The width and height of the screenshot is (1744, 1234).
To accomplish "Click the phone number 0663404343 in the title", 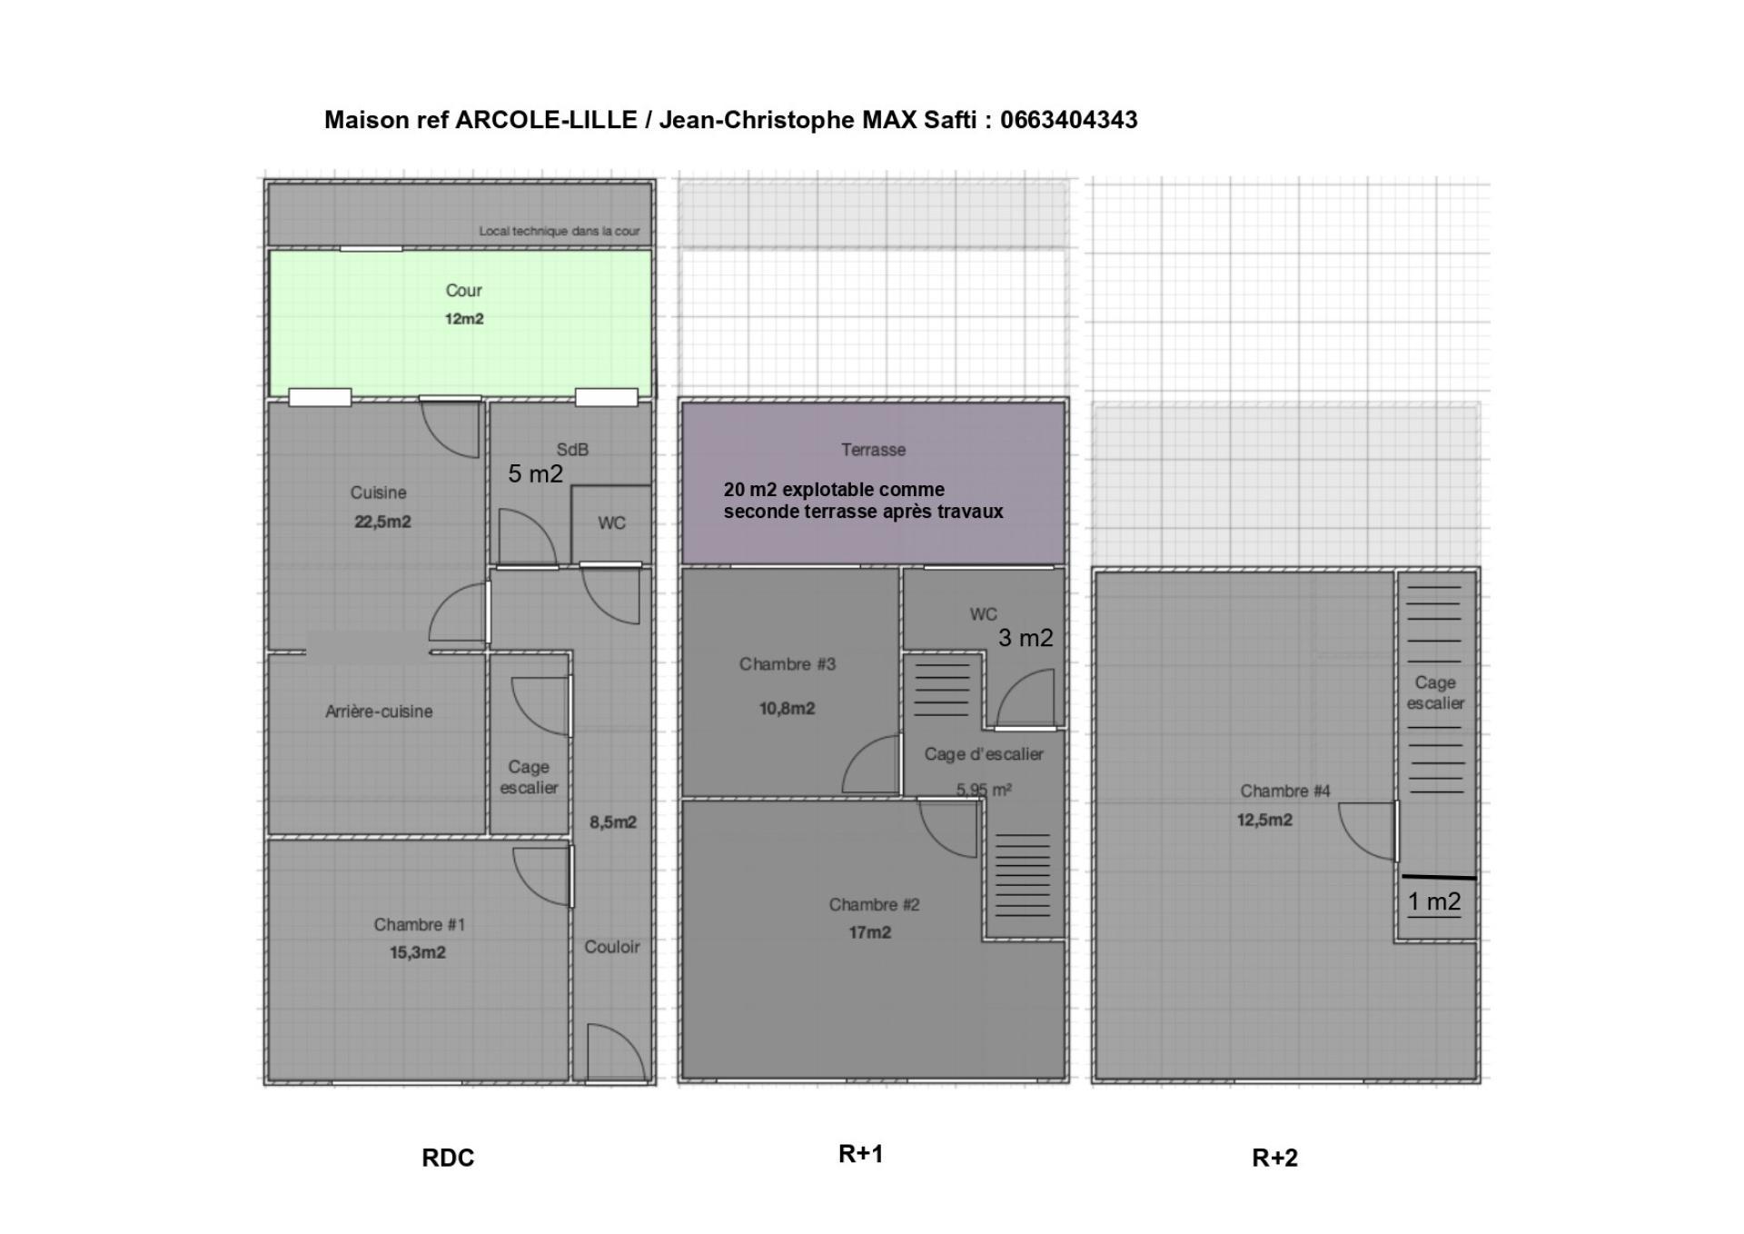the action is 1068,120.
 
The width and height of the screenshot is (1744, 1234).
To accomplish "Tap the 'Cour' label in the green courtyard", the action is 463,291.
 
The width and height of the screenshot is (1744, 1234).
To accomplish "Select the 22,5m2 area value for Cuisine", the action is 382,522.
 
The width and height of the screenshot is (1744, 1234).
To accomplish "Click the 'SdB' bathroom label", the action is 572,449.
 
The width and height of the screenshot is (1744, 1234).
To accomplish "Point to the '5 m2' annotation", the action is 535,473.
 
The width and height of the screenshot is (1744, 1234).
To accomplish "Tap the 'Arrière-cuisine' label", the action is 379,712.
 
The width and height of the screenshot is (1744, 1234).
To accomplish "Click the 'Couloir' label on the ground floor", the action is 612,947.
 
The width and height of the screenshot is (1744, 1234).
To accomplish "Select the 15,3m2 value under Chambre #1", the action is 418,952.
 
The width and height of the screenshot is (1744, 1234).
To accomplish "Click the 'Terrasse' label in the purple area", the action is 873,450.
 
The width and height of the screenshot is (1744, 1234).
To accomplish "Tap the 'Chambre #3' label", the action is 788,664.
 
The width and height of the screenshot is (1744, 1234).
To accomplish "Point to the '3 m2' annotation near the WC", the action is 1026,638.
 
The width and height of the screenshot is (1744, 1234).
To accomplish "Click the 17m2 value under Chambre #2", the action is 870,932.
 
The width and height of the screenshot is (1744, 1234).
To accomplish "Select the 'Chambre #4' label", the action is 1285,791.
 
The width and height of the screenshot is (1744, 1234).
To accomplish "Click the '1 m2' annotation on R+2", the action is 1434,901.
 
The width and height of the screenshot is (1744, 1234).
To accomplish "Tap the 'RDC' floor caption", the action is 448,1158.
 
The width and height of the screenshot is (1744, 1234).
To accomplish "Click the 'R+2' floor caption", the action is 1275,1158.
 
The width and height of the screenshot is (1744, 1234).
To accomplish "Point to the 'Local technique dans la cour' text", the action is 560,231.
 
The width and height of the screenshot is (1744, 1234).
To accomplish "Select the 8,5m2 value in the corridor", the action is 613,822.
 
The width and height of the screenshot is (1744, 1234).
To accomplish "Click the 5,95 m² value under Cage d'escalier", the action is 984,790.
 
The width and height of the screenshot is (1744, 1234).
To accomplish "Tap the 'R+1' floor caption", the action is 860,1154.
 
